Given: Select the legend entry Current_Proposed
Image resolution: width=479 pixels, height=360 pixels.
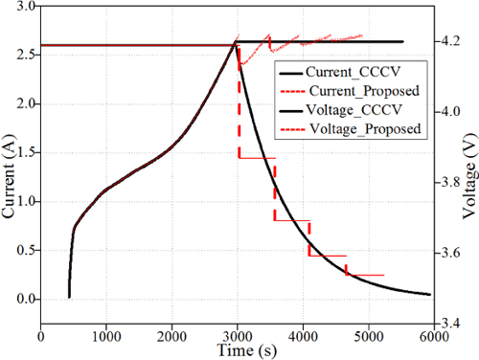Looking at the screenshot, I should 352,91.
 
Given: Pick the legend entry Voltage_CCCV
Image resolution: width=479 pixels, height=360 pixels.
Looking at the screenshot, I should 344,110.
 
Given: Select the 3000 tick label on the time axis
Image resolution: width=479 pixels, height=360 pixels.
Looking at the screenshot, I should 238,335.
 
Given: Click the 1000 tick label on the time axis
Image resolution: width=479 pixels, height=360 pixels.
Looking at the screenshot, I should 106,335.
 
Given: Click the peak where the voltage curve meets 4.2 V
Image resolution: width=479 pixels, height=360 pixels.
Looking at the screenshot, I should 237,42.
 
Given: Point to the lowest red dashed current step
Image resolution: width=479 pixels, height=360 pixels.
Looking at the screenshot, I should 365,275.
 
